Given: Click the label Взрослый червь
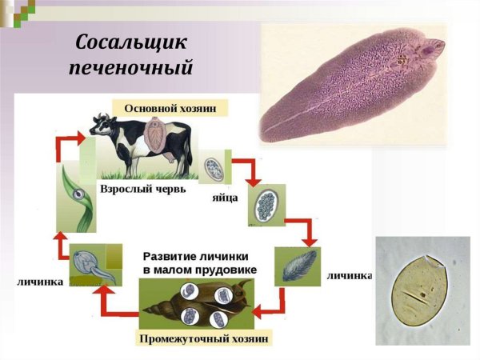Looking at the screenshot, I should tap(143, 190).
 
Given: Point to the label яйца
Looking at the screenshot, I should tap(224, 196).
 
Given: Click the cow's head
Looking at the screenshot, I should tap(102, 126).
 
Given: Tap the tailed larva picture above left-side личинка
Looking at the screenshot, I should tap(94, 265).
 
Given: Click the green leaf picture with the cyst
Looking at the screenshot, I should tap(76, 195).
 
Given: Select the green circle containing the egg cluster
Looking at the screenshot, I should tap(266, 206).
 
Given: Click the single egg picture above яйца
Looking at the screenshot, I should tap(214, 168).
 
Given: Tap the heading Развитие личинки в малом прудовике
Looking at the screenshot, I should tap(200, 264).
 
